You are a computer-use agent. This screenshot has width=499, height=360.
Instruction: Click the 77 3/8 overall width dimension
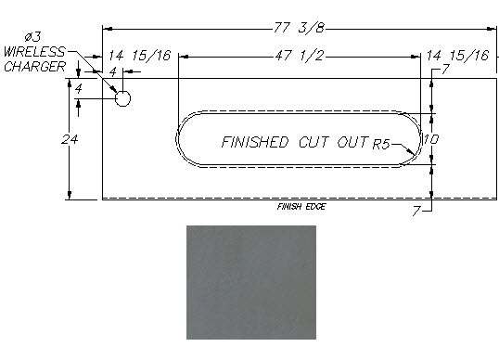[300, 28]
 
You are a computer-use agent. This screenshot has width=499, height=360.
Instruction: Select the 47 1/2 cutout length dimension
[300, 56]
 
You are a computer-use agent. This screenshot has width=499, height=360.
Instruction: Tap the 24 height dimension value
[70, 139]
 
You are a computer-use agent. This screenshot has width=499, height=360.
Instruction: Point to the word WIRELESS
[34, 52]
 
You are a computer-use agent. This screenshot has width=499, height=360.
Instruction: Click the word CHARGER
[34, 67]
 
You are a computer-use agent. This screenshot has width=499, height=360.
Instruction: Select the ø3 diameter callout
[32, 37]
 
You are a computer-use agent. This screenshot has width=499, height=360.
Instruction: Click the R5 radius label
[381, 144]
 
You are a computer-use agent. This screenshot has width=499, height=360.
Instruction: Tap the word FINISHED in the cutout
[255, 142]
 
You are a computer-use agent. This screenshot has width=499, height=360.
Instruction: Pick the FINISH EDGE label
[301, 207]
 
